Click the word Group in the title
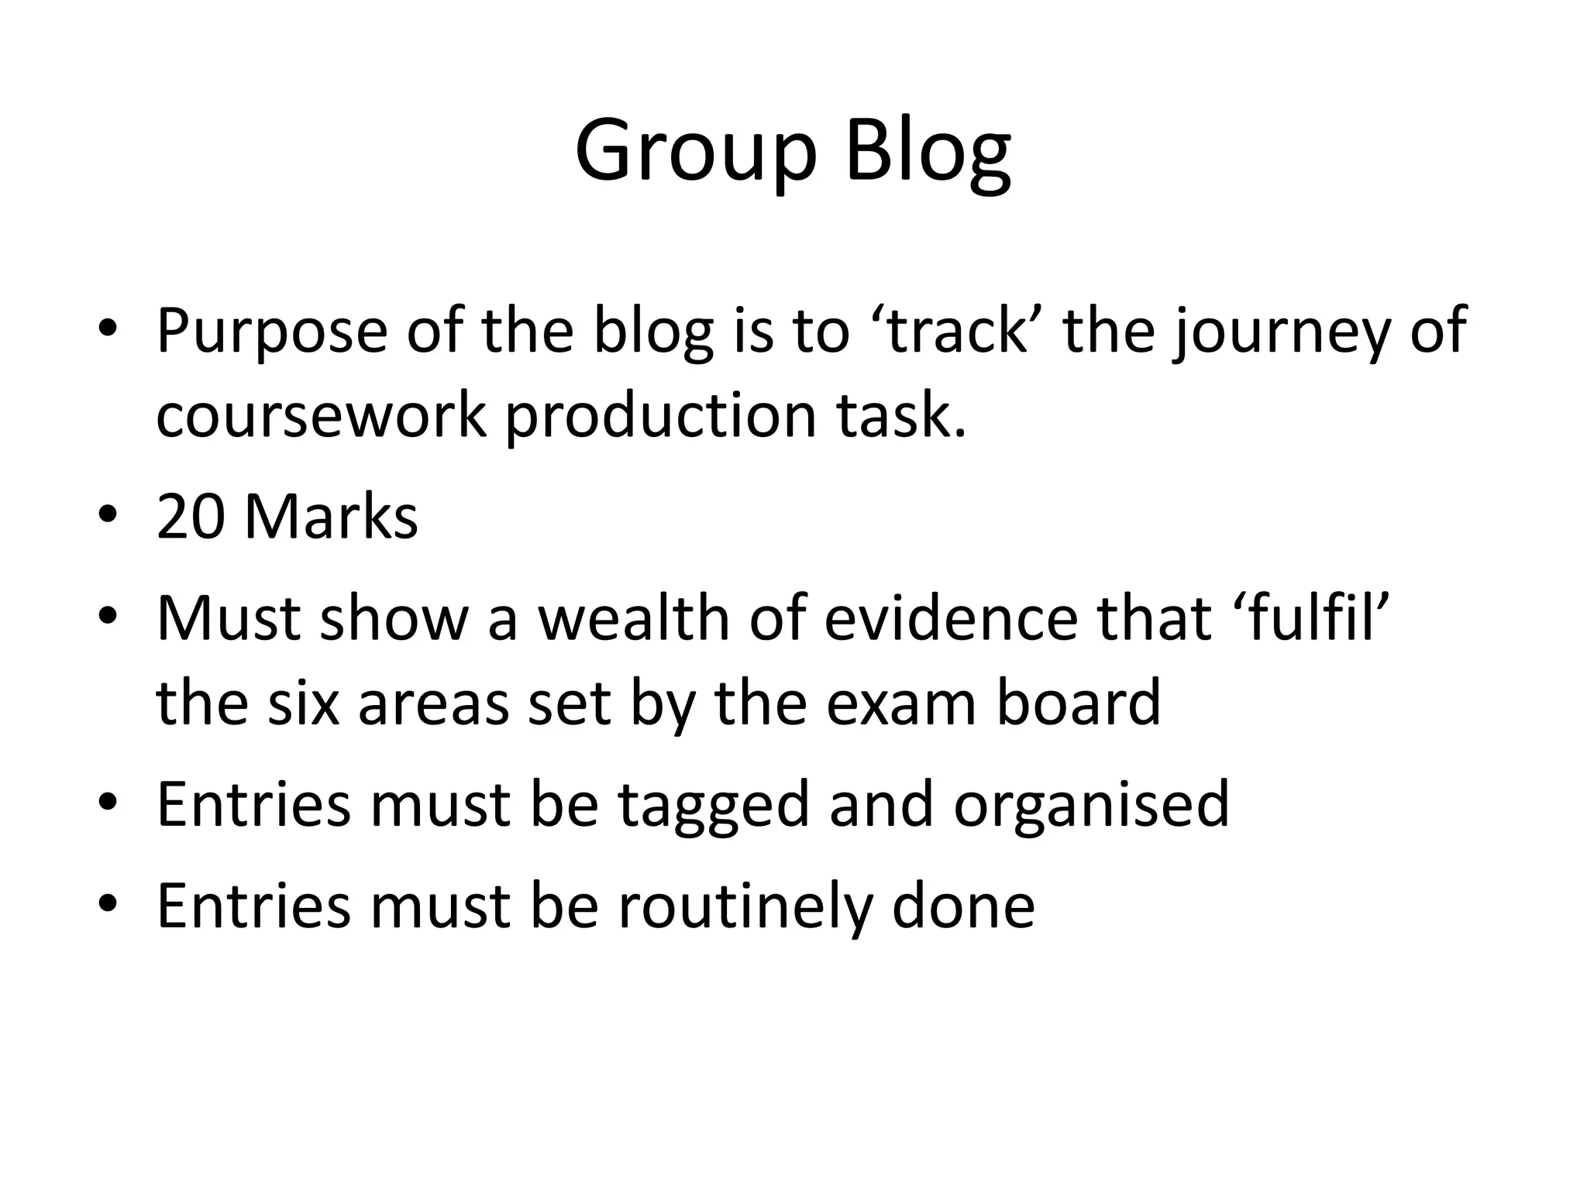coord(695,151)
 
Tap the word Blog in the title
coord(928,151)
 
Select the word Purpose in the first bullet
coord(271,332)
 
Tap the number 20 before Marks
coord(190,517)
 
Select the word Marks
coord(331,517)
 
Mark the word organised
coord(1091,806)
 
